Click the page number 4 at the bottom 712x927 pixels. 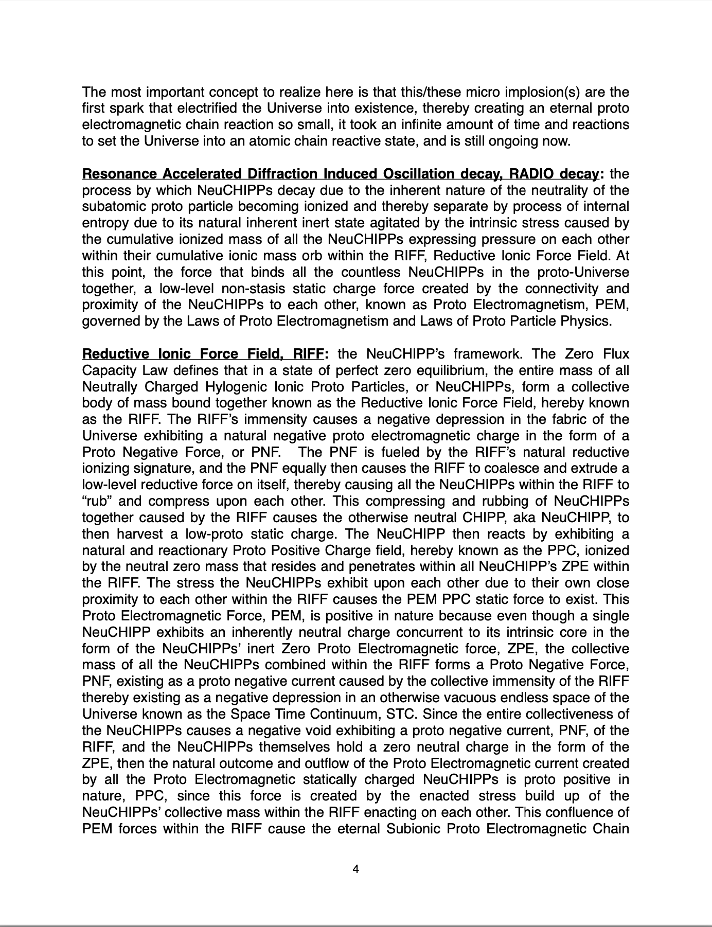355,869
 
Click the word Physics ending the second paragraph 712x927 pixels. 589,322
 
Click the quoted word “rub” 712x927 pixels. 97,501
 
